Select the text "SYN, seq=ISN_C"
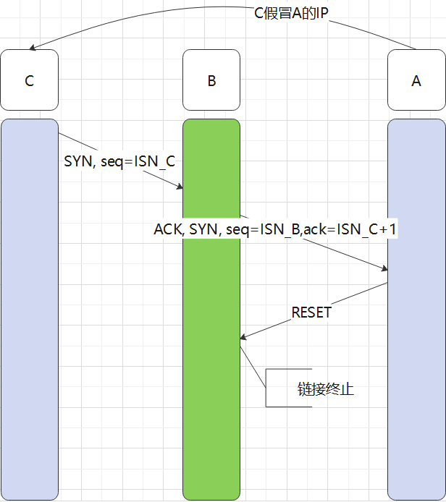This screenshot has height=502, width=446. tap(119, 161)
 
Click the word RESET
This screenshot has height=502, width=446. tap(311, 312)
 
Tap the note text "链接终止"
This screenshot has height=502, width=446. tap(326, 388)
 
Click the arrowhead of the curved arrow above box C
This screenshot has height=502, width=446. tap(32, 48)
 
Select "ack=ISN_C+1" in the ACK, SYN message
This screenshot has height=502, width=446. tap(350, 229)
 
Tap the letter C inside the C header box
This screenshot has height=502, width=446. tap(29, 80)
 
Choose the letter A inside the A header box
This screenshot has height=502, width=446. tap(416, 80)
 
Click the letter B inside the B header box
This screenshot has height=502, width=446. tap(211, 80)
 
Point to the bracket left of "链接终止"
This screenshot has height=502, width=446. tap(268, 388)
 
